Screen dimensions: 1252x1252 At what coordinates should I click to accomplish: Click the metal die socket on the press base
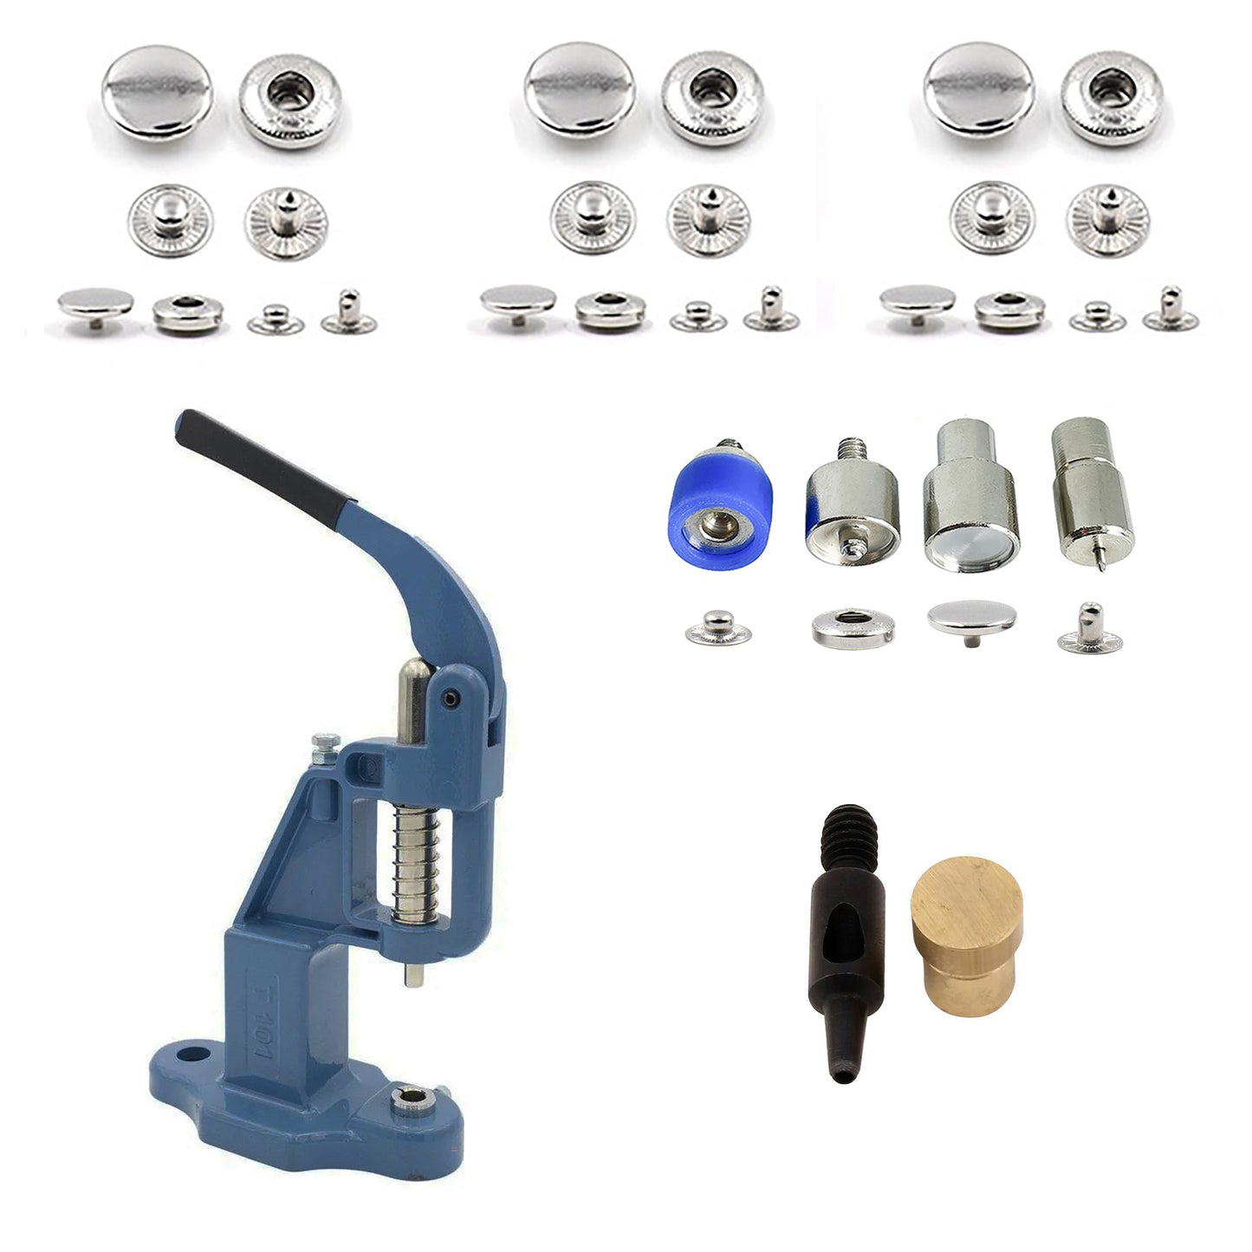click(x=404, y=1100)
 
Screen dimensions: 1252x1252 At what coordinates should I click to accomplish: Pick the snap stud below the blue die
click(x=717, y=627)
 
